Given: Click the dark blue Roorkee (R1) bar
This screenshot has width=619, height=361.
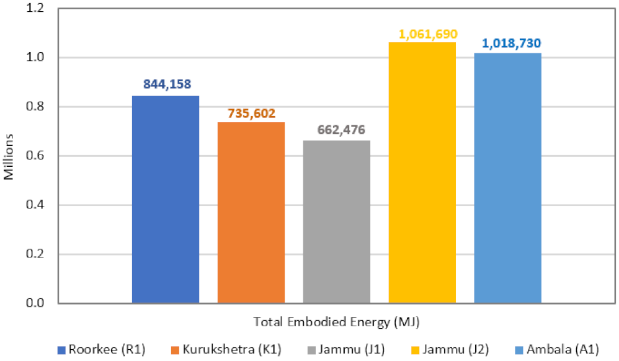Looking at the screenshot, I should tap(165, 199).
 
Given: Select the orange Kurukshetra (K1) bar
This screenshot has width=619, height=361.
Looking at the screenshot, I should tap(251, 212).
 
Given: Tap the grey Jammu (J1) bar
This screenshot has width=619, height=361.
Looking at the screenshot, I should tap(336, 221).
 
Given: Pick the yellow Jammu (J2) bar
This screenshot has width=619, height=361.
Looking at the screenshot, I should tap(422, 172).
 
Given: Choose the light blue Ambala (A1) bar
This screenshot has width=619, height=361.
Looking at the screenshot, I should tap(507, 178).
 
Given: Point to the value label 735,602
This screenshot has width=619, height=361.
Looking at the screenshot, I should tap(251, 113).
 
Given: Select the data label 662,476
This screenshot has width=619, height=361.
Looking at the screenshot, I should tap(336, 130).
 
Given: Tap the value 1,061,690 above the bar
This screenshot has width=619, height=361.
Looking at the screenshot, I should tap(422, 32).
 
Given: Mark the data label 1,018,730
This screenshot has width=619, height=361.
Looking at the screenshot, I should tap(507, 43).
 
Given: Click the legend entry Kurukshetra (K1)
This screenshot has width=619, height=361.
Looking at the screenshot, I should tap(208, 349).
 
